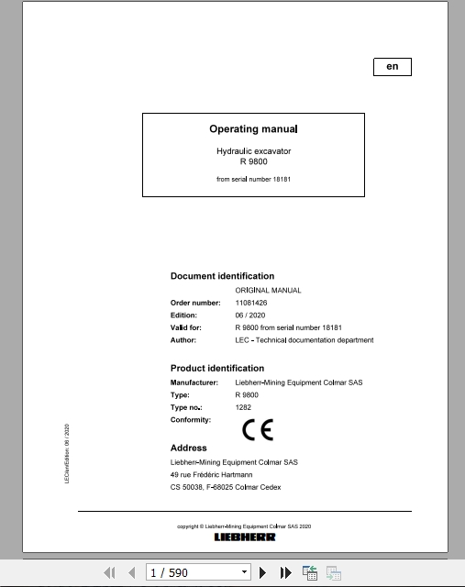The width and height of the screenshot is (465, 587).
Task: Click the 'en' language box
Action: [x=393, y=67]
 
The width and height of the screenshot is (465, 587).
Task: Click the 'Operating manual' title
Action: [x=253, y=129]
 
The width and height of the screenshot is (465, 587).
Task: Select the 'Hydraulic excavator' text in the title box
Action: [x=253, y=150]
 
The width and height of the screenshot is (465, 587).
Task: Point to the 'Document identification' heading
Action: [x=222, y=276]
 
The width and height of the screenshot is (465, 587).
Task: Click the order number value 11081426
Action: [x=250, y=302]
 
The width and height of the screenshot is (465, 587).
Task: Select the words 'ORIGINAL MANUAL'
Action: [x=268, y=290]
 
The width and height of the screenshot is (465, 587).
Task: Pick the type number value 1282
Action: [x=243, y=407]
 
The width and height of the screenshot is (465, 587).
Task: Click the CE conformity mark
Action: [x=257, y=428]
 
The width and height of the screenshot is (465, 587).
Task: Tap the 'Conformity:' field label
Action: [x=191, y=420]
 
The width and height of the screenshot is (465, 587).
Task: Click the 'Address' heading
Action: [x=189, y=449]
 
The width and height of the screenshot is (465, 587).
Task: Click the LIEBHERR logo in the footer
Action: [x=245, y=537]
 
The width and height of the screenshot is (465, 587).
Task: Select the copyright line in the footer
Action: [x=244, y=526]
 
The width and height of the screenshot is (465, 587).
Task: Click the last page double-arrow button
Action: [x=286, y=572]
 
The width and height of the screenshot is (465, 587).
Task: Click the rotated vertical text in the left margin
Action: [x=67, y=454]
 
